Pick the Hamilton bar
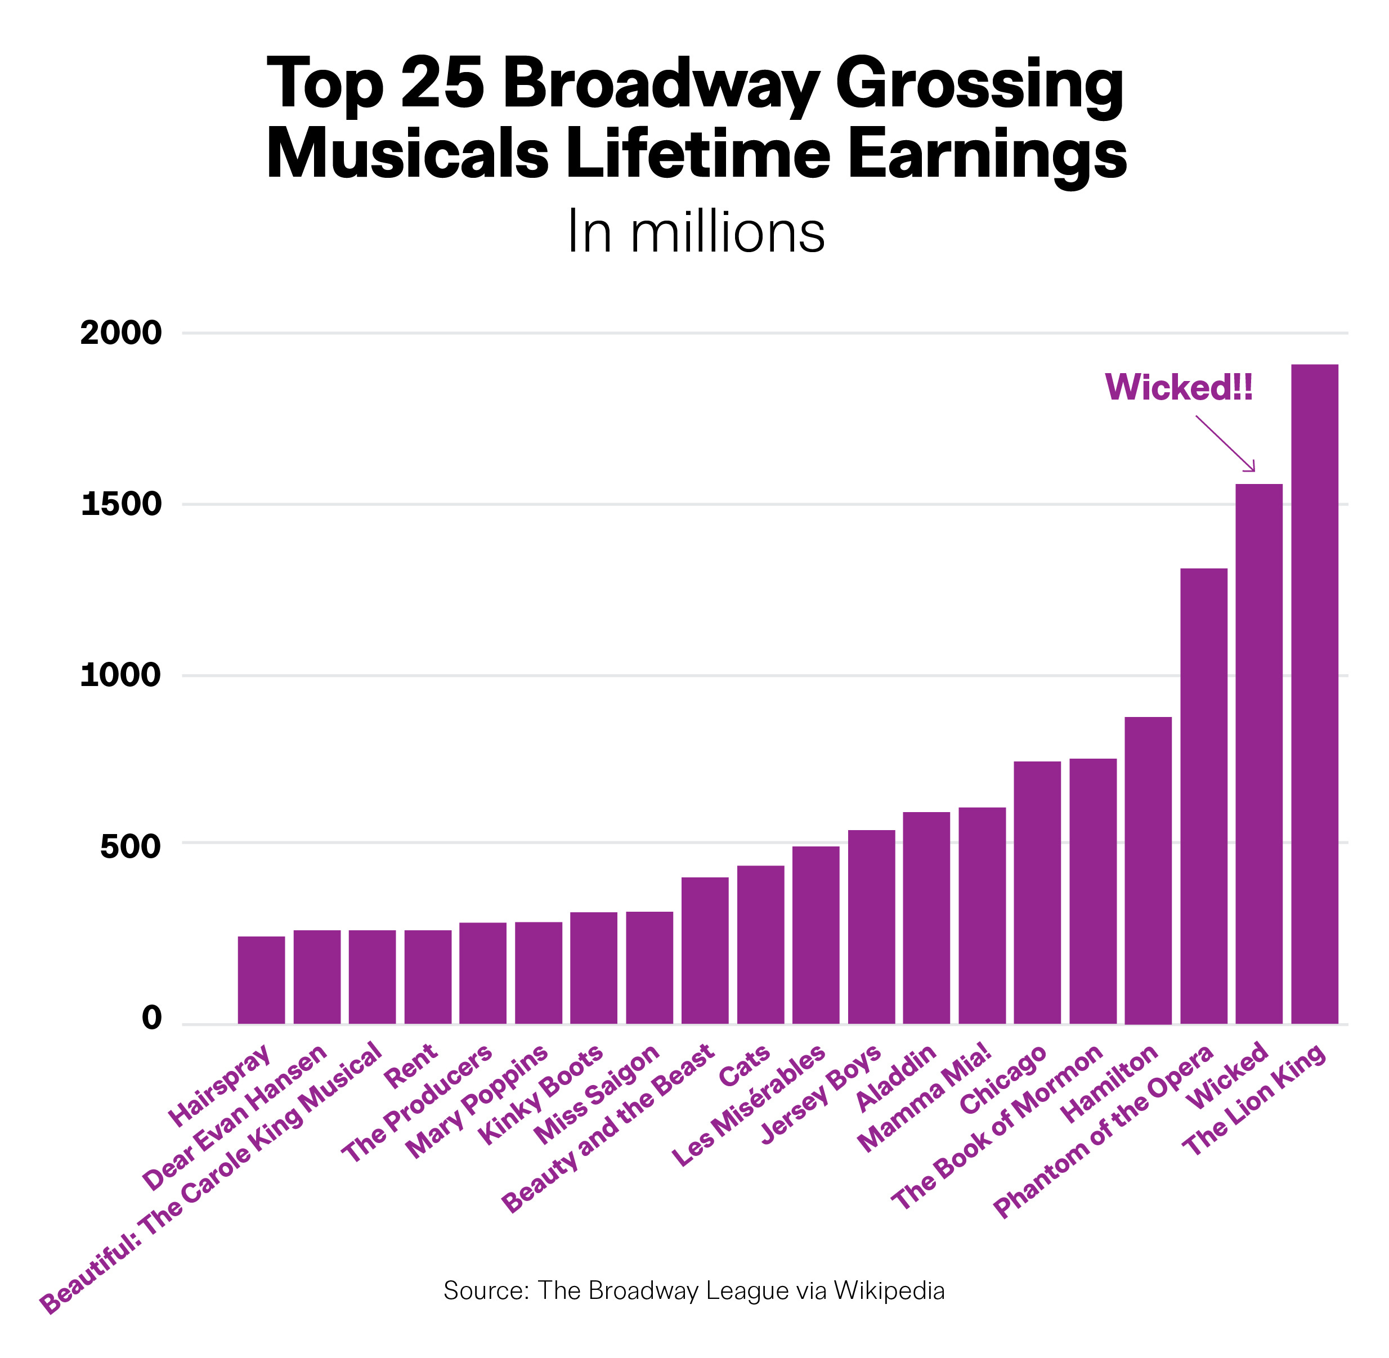click(x=1148, y=870)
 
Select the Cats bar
click(x=760, y=944)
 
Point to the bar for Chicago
click(x=1037, y=892)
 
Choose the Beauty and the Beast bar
click(x=705, y=950)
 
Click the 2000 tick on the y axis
click(x=121, y=333)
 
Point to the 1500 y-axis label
click(x=121, y=505)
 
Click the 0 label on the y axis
click(x=152, y=1018)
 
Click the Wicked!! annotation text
click(x=1179, y=388)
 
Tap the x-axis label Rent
click(x=410, y=1066)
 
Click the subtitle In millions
click(x=696, y=232)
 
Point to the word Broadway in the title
click(x=661, y=83)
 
